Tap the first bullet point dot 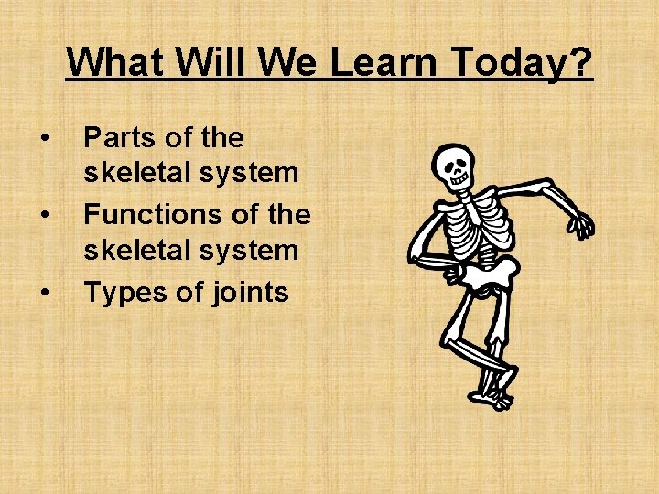tap(44, 138)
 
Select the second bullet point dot tap(44, 216)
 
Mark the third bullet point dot tap(44, 293)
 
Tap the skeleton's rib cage tap(476, 225)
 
